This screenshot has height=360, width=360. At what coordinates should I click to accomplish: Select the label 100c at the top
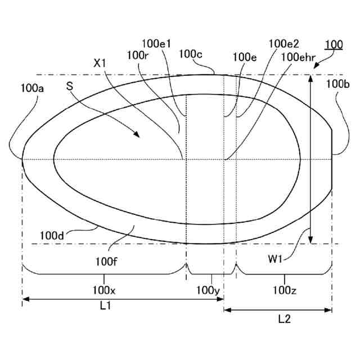[191, 54]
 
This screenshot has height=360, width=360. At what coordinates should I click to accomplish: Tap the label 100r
[137, 55]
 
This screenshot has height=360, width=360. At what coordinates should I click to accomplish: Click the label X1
[100, 64]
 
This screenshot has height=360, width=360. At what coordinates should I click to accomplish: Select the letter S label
[70, 86]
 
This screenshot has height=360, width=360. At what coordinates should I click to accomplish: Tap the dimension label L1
[105, 306]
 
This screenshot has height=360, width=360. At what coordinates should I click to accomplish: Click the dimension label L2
[285, 319]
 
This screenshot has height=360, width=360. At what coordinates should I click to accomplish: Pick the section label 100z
[285, 290]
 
